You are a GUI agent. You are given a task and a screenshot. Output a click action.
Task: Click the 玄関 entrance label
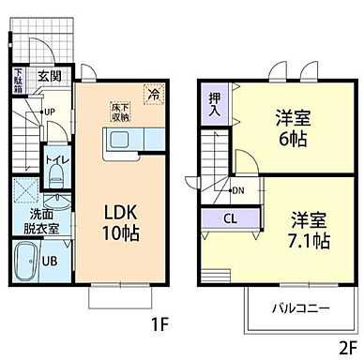coord(49,77)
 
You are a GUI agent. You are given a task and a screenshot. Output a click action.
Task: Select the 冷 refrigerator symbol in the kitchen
coord(151,93)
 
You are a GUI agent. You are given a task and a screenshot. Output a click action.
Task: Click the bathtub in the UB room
coord(25,261)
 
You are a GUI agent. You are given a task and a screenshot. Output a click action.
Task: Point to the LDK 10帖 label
coord(121,223)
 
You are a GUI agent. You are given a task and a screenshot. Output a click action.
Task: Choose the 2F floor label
coord(346,342)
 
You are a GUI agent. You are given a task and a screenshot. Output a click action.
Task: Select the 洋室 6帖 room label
coord(292,129)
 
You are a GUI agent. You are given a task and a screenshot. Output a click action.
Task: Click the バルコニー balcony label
coord(300,307)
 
